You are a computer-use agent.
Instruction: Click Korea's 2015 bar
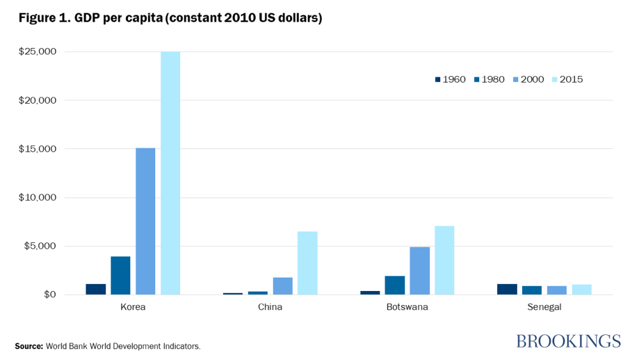[170, 173]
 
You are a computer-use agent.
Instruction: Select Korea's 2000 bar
[145, 221]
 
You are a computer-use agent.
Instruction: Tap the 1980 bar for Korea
[120, 275]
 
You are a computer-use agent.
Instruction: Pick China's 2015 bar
[307, 263]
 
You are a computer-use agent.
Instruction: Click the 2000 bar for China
[282, 286]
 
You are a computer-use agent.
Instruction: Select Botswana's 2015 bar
[444, 260]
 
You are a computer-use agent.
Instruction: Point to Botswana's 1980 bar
[394, 285]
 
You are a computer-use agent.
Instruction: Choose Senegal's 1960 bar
[507, 289]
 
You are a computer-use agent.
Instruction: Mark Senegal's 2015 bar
[581, 290]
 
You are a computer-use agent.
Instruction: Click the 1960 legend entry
[450, 79]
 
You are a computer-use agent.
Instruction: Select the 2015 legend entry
[567, 79]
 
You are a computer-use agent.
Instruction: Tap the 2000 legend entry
[528, 79]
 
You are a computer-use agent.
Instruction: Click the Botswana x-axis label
[407, 307]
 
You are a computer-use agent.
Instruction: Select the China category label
[270, 307]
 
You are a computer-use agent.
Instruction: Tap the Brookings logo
[568, 341]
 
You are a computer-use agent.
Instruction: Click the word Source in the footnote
[28, 346]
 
